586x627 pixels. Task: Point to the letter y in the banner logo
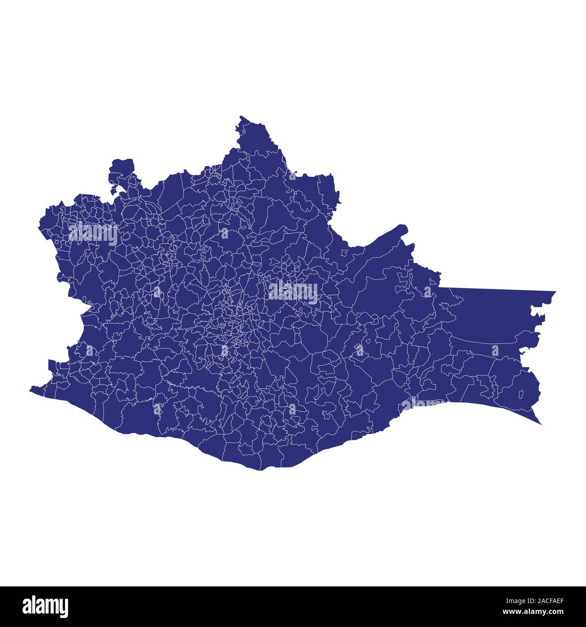(x=64, y=608)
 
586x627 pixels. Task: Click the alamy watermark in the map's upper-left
(x=93, y=233)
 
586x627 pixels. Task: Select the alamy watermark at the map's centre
(x=293, y=291)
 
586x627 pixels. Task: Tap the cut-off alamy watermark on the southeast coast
(x=421, y=402)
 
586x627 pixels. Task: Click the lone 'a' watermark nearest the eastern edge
(x=495, y=350)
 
